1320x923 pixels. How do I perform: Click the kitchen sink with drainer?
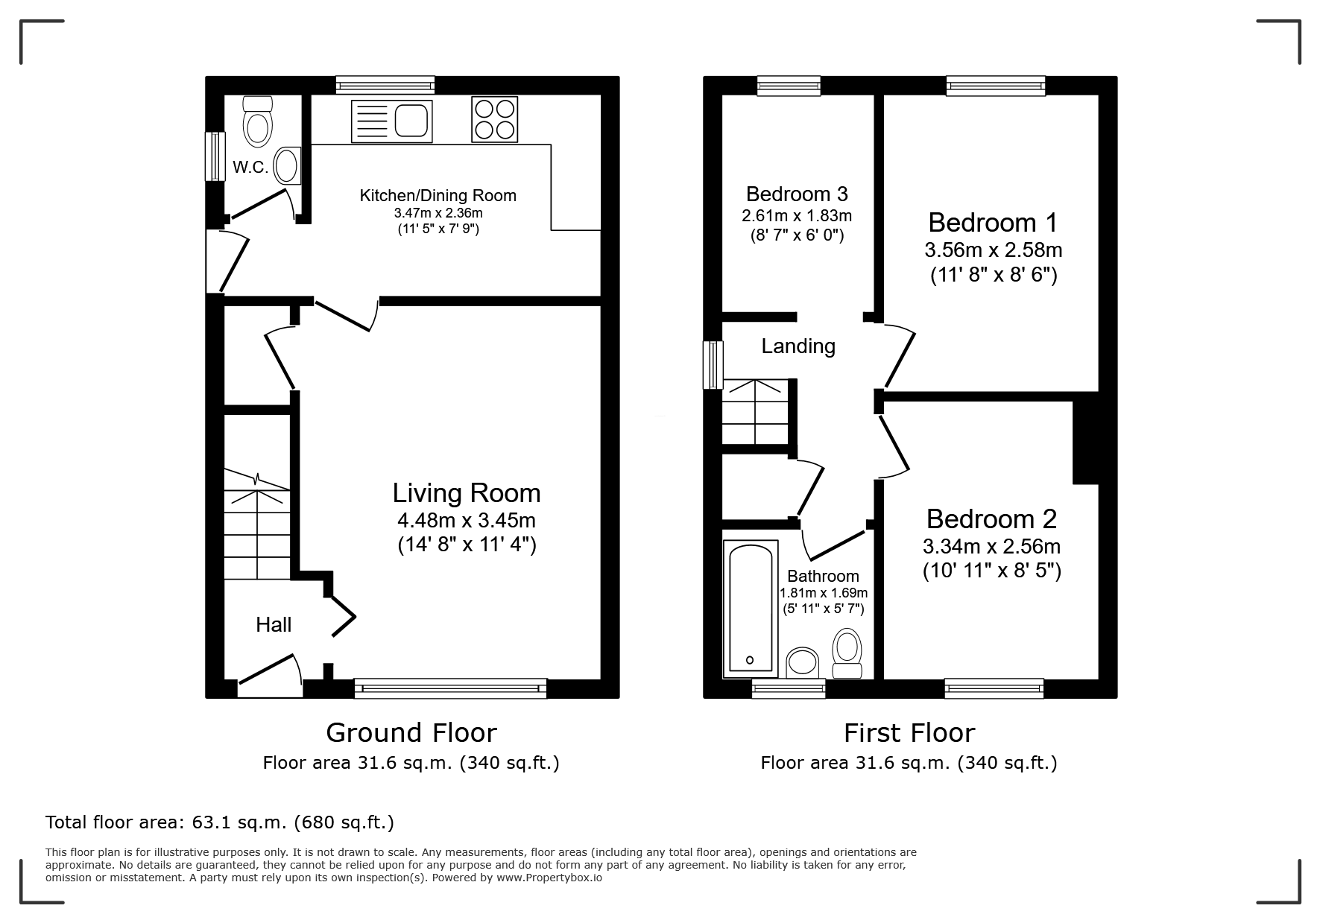click(391, 121)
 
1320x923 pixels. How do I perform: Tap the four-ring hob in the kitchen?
click(495, 121)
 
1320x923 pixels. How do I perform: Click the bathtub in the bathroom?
click(751, 609)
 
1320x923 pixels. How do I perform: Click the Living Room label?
click(467, 493)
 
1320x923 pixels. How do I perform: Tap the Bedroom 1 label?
click(993, 222)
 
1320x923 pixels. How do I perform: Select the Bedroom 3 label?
click(797, 194)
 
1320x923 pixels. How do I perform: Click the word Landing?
click(798, 346)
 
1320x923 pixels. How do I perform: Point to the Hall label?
click(274, 624)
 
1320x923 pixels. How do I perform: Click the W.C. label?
click(250, 168)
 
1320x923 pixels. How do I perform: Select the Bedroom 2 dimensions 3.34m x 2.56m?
click(992, 547)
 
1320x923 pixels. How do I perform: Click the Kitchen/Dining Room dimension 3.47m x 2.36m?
click(438, 213)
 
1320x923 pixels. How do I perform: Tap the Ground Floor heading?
click(411, 733)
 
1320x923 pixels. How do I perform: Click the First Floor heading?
click(909, 733)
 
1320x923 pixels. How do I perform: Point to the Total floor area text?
click(220, 822)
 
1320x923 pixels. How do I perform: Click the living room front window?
click(450, 688)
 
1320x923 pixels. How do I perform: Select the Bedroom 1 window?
click(996, 86)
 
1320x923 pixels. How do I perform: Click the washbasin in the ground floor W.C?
click(288, 165)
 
